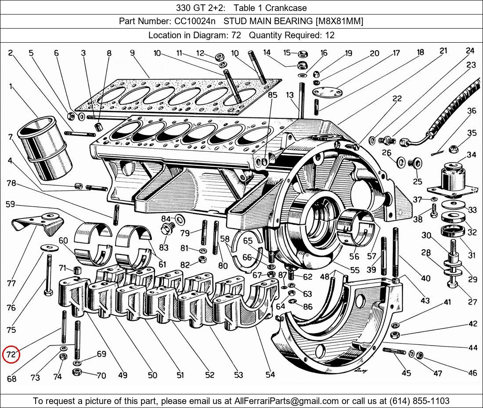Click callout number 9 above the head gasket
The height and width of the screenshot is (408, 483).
pos(132,53)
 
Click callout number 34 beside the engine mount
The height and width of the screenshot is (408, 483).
pos(471,155)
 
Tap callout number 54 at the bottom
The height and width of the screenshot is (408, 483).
pos(270,375)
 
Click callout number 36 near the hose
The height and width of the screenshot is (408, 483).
pos(472,111)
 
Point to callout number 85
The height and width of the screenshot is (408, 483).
pos(273,95)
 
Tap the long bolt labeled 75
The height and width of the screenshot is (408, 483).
pos(48,273)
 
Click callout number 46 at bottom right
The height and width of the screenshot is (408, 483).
pos(472,373)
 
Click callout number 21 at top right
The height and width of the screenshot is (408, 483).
pos(443,51)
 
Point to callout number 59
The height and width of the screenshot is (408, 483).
pos(10,204)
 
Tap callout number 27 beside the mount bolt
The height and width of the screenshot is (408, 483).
pos(472,302)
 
